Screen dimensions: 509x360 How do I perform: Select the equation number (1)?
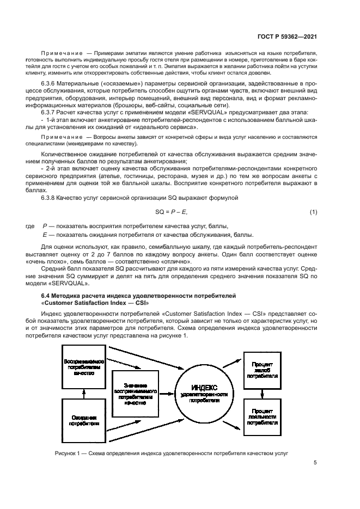click(x=313, y=211)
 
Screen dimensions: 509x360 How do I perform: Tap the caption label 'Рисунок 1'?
click(x=69, y=453)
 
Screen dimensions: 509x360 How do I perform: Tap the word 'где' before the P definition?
click(x=30, y=226)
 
